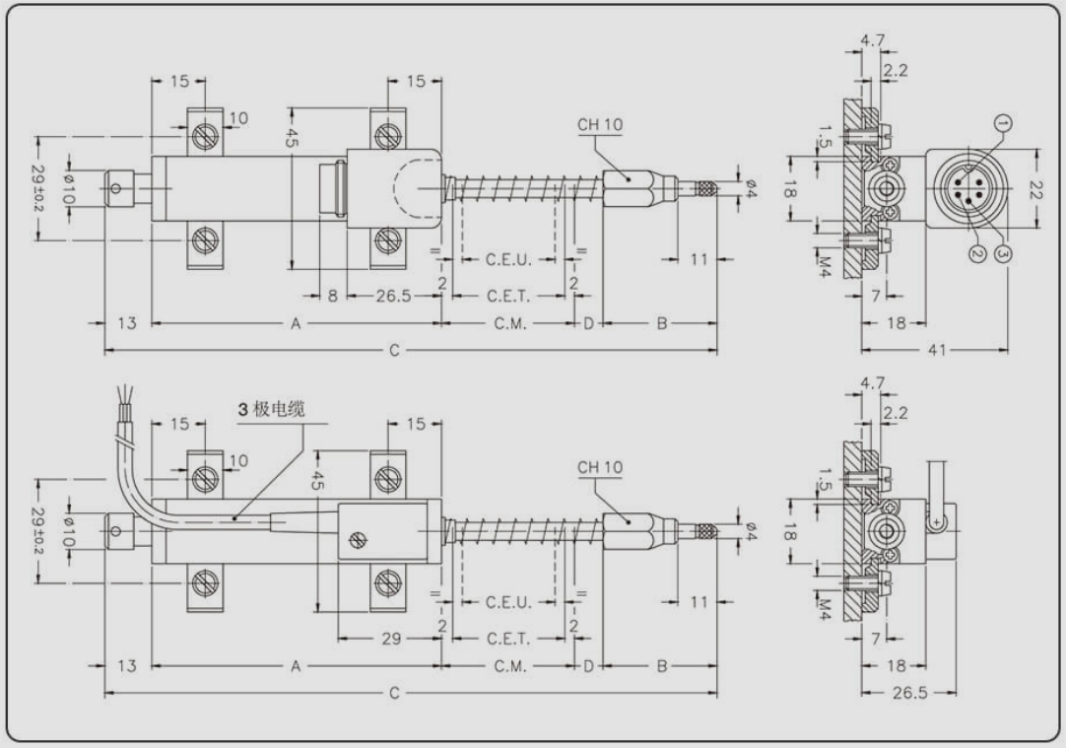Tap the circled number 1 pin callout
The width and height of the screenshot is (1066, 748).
[x=1002, y=123]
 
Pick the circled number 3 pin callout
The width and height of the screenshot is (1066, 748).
[x=1003, y=254]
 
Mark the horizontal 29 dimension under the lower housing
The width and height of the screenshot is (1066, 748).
[x=391, y=639]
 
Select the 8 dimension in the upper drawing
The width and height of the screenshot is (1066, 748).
[x=332, y=296]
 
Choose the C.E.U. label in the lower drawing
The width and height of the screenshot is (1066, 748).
[x=508, y=602]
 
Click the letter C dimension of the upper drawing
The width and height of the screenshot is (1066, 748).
[x=394, y=350]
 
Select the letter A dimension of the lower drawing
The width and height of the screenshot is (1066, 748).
[x=295, y=666]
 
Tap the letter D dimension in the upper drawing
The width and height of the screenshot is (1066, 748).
[x=588, y=323]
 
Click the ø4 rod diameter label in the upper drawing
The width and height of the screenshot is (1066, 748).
[x=750, y=184]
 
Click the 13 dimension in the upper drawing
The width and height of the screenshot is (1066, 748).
[x=127, y=323]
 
